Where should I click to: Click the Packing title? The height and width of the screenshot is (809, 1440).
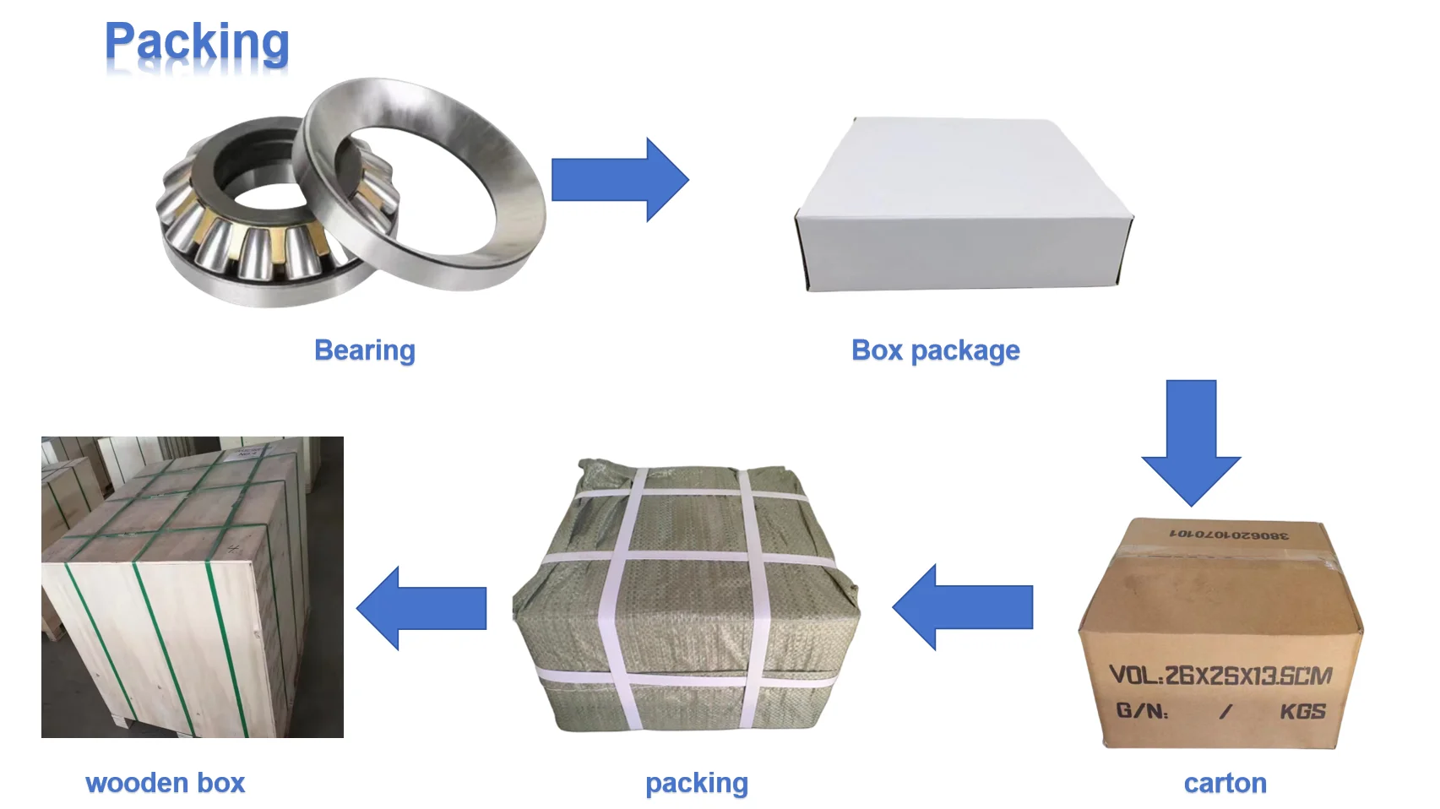(x=197, y=44)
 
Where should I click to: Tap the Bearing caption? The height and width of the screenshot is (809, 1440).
(x=364, y=350)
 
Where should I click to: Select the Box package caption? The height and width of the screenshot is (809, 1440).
(x=935, y=350)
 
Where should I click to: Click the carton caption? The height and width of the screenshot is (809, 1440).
(x=1225, y=783)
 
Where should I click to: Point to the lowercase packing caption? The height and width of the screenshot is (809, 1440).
(x=696, y=783)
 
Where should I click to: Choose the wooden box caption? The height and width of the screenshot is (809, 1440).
(x=166, y=783)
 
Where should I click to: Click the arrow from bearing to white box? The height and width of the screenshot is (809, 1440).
(x=619, y=180)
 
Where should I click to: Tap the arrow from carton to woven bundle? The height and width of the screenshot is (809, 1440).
(x=963, y=607)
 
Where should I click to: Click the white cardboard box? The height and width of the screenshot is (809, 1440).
(x=963, y=207)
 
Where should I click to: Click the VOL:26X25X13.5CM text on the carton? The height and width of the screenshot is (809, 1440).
(x=1220, y=676)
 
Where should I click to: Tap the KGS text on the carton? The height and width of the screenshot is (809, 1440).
(x=1302, y=711)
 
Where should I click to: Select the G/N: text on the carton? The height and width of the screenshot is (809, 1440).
(x=1142, y=711)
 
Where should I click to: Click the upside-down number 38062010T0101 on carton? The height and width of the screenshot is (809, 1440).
(x=1229, y=535)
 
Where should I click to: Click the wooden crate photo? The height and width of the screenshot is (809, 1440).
(x=193, y=587)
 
